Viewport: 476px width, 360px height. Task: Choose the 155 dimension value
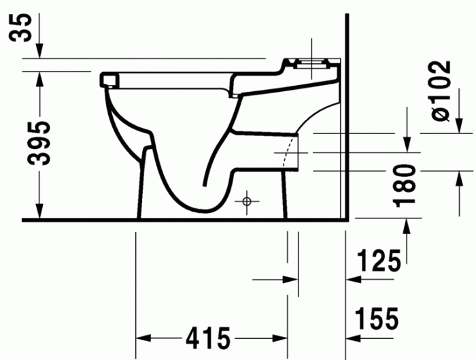tap(375, 318)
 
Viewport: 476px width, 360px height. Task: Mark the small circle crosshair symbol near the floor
tap(247, 201)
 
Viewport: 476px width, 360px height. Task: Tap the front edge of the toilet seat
tap(105, 80)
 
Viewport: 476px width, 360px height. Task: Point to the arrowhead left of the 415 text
tap(144, 338)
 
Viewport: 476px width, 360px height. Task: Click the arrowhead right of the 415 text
tap(282, 338)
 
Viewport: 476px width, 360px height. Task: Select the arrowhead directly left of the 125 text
tap(353, 279)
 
